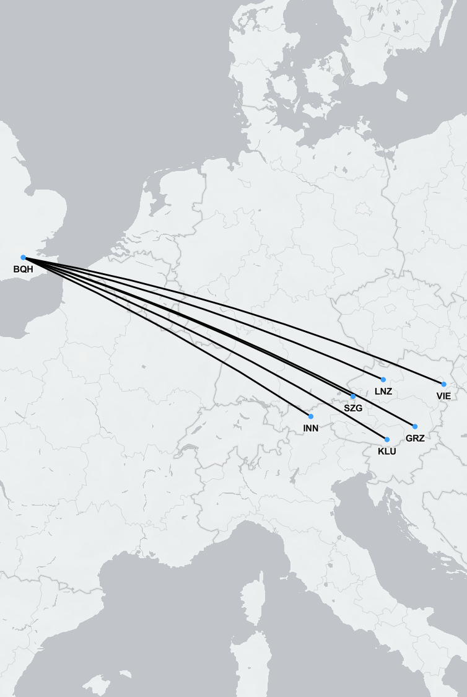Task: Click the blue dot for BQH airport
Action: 24,257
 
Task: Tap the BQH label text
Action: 23,270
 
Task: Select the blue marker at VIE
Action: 443,384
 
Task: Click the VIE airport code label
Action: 443,396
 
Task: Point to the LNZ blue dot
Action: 383,380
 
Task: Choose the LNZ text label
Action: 383,392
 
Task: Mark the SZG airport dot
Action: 353,397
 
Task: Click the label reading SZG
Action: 353,408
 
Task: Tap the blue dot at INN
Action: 311,416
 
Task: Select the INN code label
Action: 311,428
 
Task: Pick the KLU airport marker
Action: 387,439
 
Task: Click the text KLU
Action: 387,451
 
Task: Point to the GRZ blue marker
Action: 415,426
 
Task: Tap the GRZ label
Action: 415,438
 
